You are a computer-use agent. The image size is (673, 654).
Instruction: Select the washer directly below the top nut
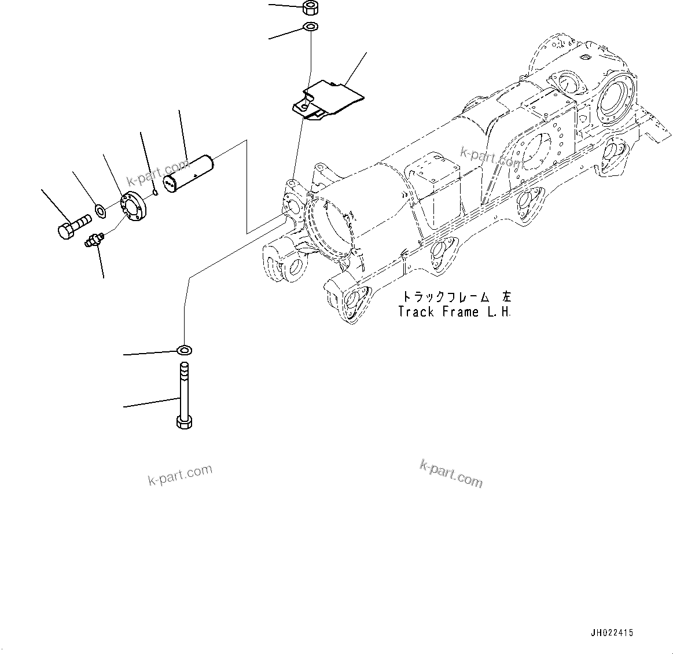tap(310, 27)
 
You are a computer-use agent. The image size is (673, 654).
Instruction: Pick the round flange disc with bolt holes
tap(134, 208)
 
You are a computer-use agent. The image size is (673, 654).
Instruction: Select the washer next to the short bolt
tap(100, 210)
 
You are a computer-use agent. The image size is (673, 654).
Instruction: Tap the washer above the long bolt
tap(185, 350)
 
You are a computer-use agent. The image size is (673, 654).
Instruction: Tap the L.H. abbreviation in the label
tap(499, 312)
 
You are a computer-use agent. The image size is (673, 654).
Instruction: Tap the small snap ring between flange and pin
tap(155, 193)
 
